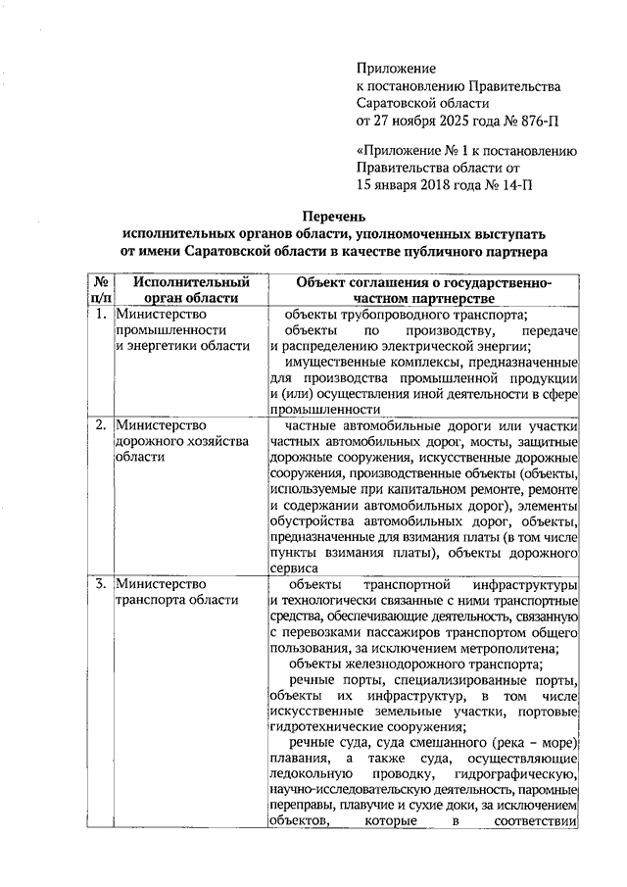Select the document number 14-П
(x=516, y=183)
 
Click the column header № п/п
(x=99, y=290)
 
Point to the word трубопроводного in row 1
(x=403, y=315)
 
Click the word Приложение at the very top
(x=396, y=68)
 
